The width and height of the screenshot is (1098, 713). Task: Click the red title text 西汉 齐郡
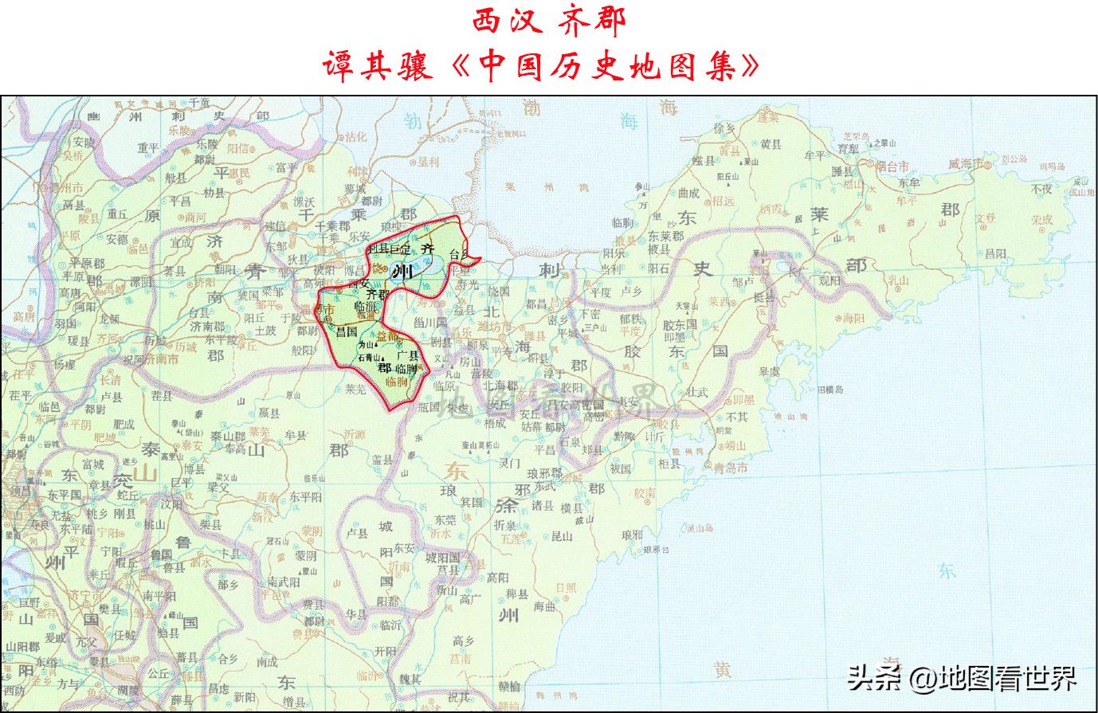tap(549, 21)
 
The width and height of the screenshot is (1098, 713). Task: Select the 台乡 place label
tap(461, 256)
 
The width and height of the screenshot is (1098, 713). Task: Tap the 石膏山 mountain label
tap(369, 358)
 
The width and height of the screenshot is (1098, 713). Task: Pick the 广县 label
tap(409, 355)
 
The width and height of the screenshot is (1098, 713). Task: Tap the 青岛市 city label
tap(731, 468)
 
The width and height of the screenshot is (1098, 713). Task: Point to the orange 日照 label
tap(566, 587)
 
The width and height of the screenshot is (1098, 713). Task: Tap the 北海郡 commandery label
tap(500, 386)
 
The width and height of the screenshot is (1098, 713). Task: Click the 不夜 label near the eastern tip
tap(1041, 190)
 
